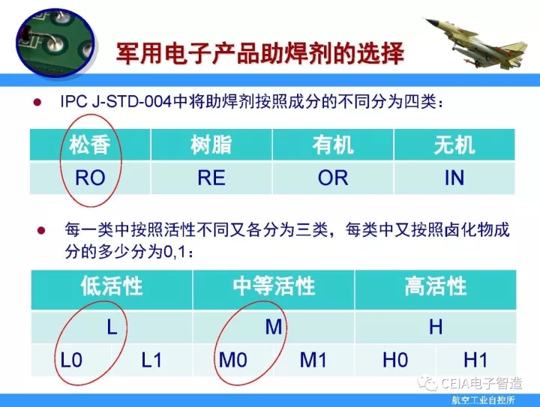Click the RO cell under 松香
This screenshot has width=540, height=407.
coord(90,178)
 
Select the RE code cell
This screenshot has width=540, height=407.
coord(211,178)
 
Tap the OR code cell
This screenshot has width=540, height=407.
coord(333,178)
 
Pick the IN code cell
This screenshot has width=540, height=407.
coord(454,178)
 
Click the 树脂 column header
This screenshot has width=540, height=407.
coord(211,145)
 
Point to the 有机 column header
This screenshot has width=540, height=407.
coord(333,145)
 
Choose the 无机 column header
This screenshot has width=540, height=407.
coord(454,145)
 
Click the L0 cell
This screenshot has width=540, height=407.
coord(71,360)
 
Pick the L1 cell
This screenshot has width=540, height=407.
coord(151,360)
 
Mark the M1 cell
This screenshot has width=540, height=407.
coord(313,360)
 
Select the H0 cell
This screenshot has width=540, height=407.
coord(395,360)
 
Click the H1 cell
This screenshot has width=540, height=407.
coord(476,360)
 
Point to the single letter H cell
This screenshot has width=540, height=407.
coord(436,327)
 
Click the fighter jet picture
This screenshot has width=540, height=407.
coord(476,43)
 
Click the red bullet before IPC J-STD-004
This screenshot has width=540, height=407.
coord(37,102)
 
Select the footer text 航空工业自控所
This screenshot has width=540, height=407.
coord(483,400)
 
